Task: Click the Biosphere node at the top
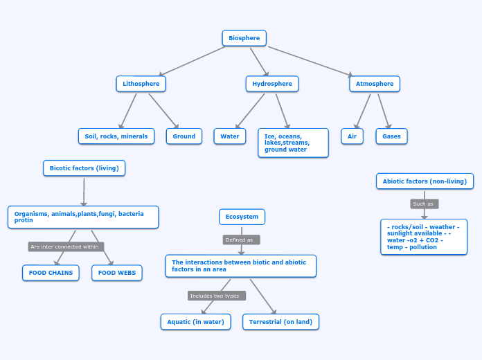tap(244, 38)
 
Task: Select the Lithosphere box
tap(141, 84)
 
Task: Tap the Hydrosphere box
tap(272, 84)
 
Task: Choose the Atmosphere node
tap(375, 84)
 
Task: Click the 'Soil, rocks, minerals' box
tap(116, 136)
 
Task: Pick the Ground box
tap(184, 136)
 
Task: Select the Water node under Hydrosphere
tap(230, 136)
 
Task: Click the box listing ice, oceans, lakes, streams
tap(293, 143)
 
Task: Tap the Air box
tap(352, 136)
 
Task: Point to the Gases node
tap(392, 136)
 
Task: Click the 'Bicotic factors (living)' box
tap(84, 168)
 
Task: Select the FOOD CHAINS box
tap(51, 273)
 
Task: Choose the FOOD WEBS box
tap(117, 273)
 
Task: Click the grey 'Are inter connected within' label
tap(66, 246)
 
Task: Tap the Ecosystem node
tap(242, 217)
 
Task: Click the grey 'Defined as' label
tap(241, 240)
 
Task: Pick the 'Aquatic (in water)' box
tap(195, 322)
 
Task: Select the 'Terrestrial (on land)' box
tap(281, 322)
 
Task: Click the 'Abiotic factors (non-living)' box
tap(425, 181)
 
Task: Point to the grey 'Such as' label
tap(424, 204)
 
